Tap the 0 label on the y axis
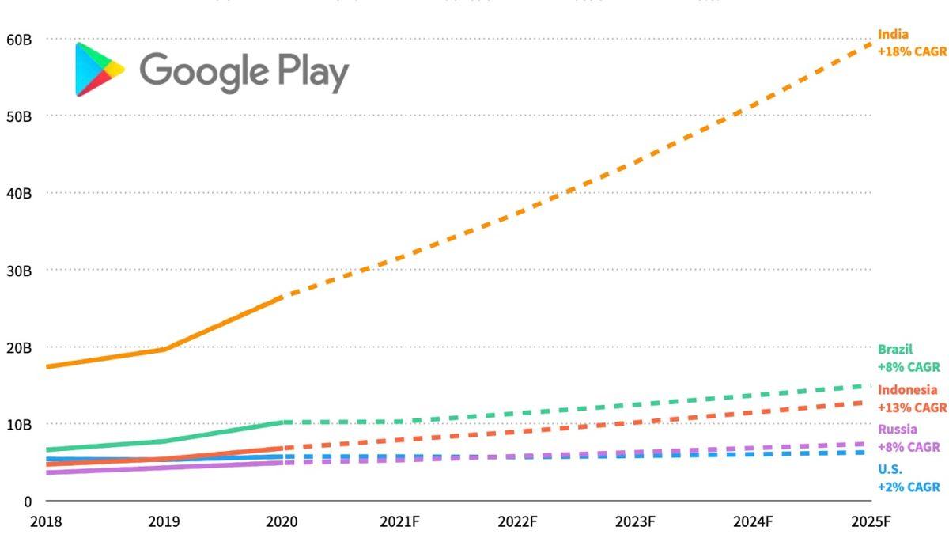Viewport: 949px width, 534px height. [x=27, y=502]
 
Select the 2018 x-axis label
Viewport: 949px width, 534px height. [x=46, y=522]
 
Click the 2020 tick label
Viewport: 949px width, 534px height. [x=282, y=522]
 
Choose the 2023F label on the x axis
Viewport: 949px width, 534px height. [x=635, y=522]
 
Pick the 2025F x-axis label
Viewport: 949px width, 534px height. [x=871, y=522]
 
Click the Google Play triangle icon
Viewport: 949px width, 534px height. [x=99, y=70]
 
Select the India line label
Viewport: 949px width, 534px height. [x=893, y=35]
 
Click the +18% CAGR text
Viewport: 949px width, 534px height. [x=912, y=52]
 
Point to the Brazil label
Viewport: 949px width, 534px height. [x=895, y=349]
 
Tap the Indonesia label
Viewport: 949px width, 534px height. [x=907, y=390]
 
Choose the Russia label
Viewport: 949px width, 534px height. [x=898, y=430]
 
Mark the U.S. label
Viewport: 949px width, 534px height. [x=890, y=469]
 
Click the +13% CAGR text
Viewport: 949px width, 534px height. [x=912, y=408]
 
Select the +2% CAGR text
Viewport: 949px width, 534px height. [x=909, y=487]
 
